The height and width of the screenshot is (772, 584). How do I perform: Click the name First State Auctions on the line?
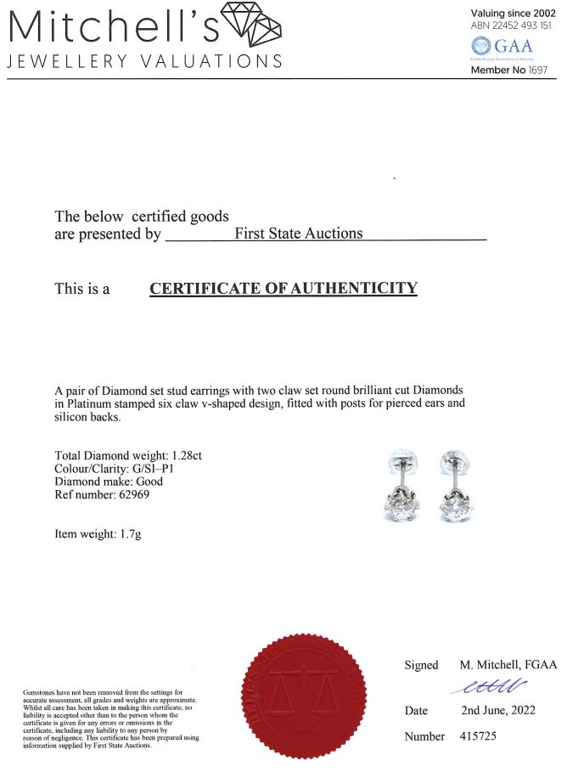pyautogui.click(x=298, y=234)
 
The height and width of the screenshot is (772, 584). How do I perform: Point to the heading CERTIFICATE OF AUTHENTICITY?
pyautogui.click(x=284, y=289)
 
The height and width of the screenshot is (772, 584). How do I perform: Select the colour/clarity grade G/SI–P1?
pyautogui.click(x=160, y=469)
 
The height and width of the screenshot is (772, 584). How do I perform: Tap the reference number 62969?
pyautogui.click(x=143, y=494)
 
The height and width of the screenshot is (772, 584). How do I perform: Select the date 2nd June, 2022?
pyautogui.click(x=498, y=710)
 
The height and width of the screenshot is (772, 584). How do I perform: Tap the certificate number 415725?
pyautogui.click(x=479, y=736)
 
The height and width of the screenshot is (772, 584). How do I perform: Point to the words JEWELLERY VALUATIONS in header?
pyautogui.click(x=144, y=61)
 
